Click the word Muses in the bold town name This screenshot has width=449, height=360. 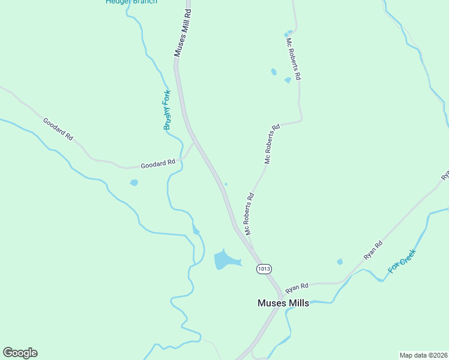(271, 303)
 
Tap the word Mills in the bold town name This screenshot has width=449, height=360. (298, 303)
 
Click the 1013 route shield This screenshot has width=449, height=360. (263, 268)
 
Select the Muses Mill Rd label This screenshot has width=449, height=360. (183, 33)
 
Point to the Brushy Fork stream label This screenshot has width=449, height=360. (167, 110)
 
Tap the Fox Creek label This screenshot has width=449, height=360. (402, 262)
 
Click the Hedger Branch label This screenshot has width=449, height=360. (131, 2)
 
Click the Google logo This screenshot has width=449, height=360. (20, 353)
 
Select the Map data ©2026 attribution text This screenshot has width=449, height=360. (423, 355)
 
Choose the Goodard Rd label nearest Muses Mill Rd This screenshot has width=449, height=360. (158, 163)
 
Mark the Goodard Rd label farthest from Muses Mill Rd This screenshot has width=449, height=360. (58, 129)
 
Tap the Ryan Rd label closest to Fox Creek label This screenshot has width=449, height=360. (373, 250)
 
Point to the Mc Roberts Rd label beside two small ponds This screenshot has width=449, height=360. (293, 59)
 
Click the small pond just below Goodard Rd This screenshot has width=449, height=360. (134, 182)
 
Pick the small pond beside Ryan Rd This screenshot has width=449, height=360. (340, 262)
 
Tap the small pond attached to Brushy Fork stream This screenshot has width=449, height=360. (196, 231)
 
